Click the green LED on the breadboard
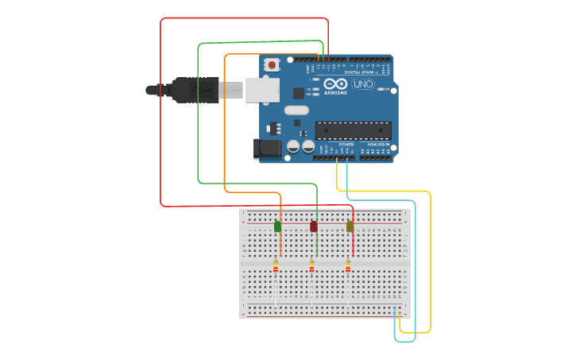(x=277, y=226)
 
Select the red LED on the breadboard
(x=314, y=226)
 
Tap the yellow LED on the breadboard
(x=350, y=226)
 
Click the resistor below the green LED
(x=276, y=267)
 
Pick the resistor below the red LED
(x=311, y=267)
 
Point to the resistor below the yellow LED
(x=348, y=267)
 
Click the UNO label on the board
(x=363, y=84)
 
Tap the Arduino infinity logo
(x=335, y=84)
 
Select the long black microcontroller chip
(x=353, y=130)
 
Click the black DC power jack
(x=267, y=148)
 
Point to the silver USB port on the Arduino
(x=262, y=90)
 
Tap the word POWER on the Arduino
(x=346, y=145)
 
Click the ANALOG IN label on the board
(x=377, y=145)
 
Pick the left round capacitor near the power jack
(x=293, y=146)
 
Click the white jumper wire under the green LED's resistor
(x=276, y=290)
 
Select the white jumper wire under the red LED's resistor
(x=311, y=290)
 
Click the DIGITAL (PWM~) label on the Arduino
(x=361, y=72)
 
